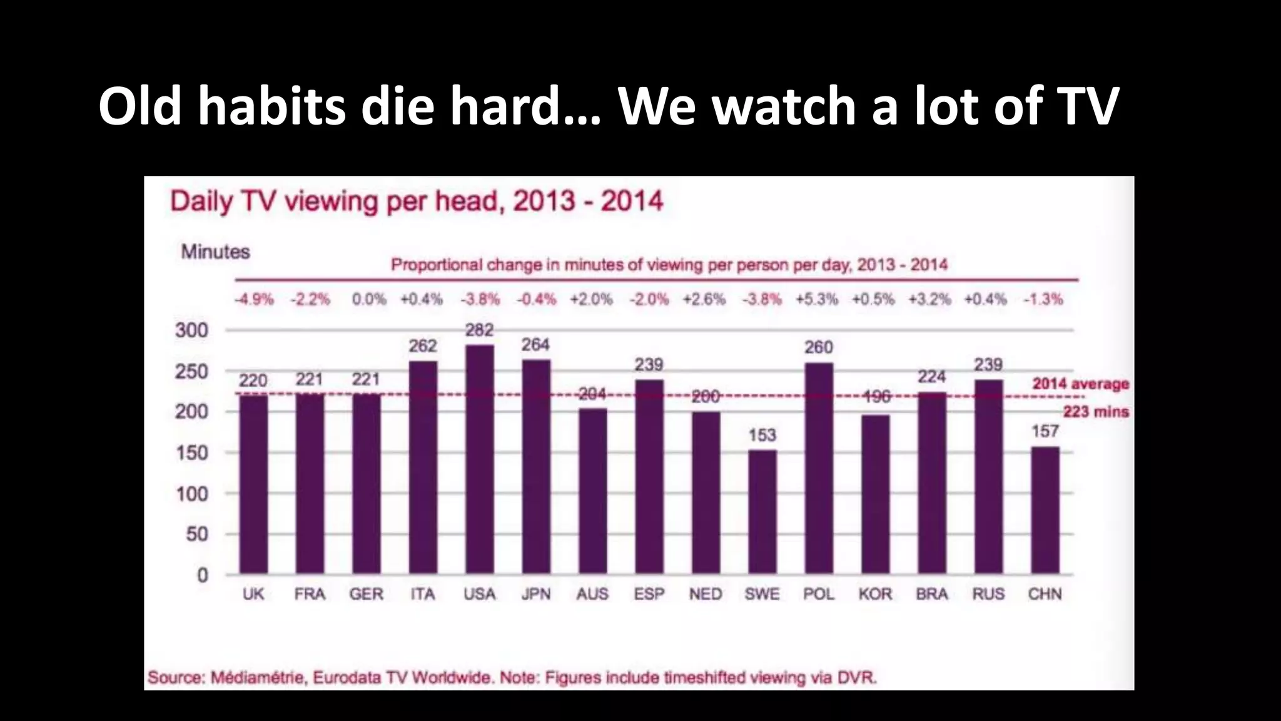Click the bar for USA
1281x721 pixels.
coord(480,459)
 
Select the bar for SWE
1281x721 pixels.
coord(762,512)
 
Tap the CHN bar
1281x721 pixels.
coord(1045,510)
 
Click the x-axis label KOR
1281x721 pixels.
coord(875,594)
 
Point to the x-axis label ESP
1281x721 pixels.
coord(649,594)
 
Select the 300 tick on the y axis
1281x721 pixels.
coord(191,330)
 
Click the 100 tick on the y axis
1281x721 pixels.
coord(191,494)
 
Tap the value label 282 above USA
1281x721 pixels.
coord(480,330)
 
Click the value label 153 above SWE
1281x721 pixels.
coord(762,435)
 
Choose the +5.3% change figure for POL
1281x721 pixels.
coord(816,299)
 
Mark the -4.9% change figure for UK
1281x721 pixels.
coord(254,299)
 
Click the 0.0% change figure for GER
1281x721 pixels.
coord(368,299)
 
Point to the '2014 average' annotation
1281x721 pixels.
coord(1080,384)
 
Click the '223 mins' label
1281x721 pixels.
coord(1096,412)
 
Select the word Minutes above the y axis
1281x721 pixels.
coord(215,252)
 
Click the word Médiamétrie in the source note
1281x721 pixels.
coord(258,678)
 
